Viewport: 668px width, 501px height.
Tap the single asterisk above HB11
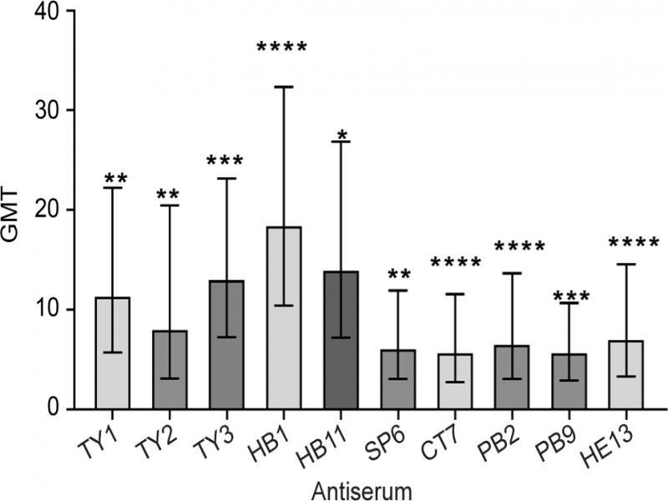click(341, 134)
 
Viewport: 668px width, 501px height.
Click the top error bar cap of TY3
click(226, 178)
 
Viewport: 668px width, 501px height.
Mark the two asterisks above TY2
click(170, 195)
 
